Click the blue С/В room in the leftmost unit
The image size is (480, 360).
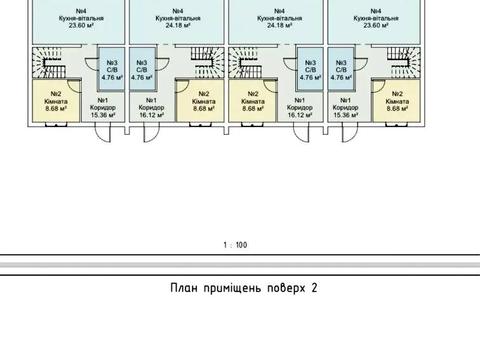coord(112,69)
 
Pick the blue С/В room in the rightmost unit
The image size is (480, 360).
coord(340,69)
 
